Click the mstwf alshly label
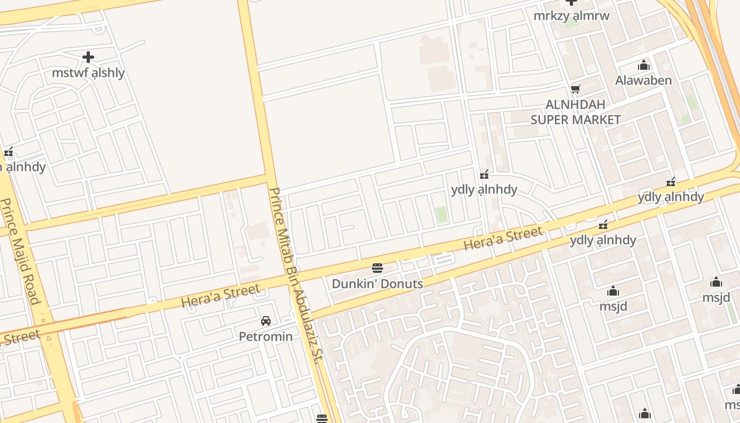(88, 73)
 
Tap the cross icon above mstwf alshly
(88, 57)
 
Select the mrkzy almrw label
(571, 16)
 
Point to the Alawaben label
(643, 80)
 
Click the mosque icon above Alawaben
(644, 66)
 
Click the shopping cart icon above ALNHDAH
(575, 89)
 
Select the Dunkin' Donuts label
(377, 284)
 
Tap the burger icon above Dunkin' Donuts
(377, 268)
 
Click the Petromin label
(266, 336)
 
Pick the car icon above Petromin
(266, 321)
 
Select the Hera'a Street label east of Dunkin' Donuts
(503, 238)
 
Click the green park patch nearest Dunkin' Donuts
(441, 214)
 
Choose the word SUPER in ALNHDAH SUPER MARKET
(550, 119)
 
